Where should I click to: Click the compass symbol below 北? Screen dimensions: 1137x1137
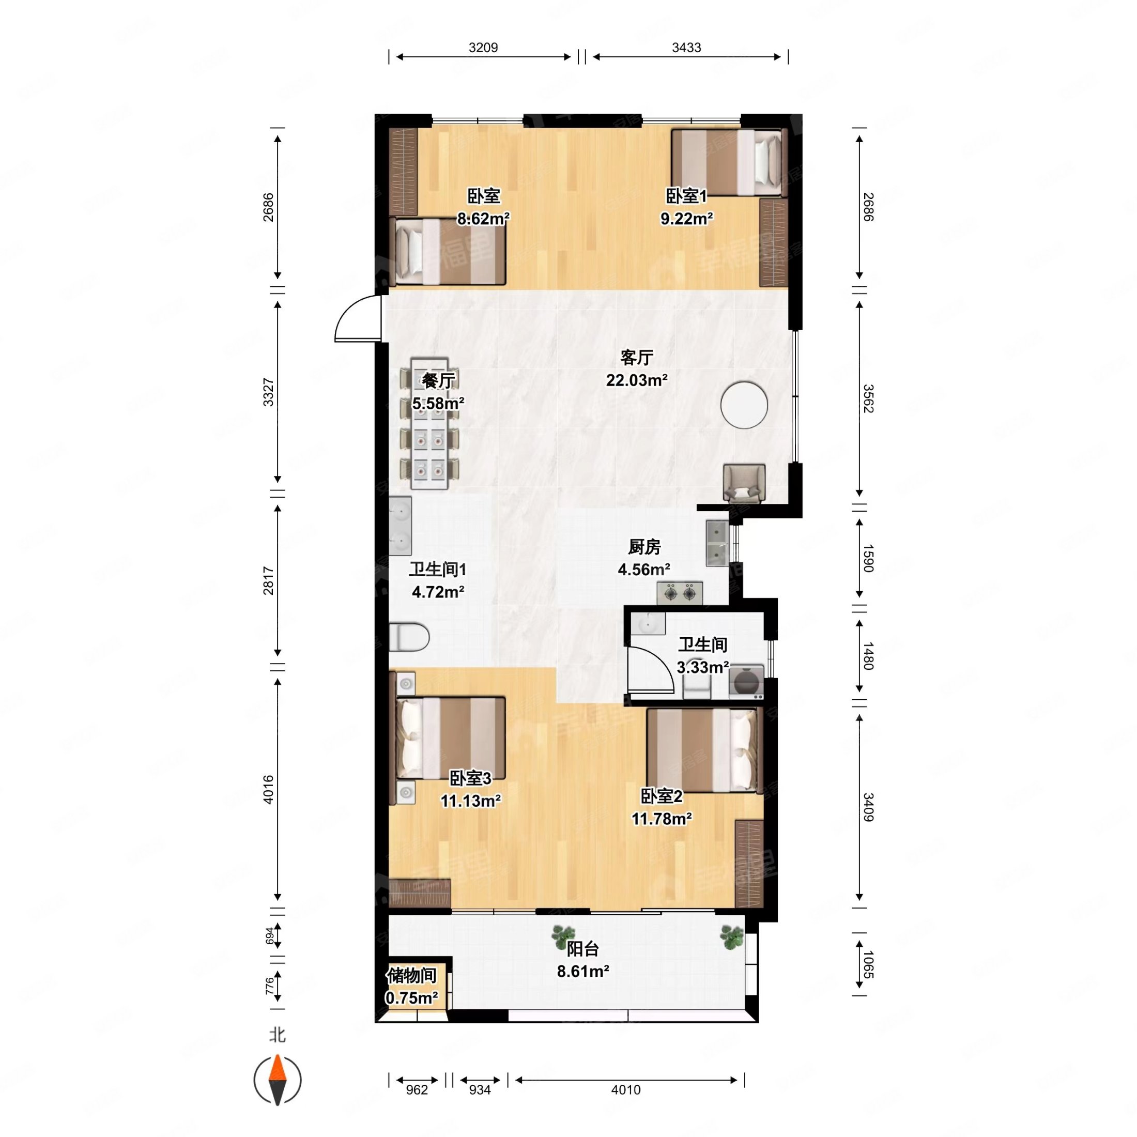point(277,1080)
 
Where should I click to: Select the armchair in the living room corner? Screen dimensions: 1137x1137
point(744,483)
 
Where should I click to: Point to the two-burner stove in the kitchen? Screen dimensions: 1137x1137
point(680,593)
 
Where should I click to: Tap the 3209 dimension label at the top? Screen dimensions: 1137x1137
point(483,47)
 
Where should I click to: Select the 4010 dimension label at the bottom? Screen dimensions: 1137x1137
point(625,1090)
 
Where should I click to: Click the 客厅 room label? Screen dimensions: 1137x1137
point(637,357)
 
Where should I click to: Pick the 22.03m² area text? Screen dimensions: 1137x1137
point(637,380)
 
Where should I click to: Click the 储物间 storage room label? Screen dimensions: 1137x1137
point(411,975)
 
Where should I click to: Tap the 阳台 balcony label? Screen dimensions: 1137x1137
point(582,949)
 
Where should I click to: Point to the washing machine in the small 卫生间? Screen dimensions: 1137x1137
point(746,682)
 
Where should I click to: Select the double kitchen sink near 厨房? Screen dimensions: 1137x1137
point(717,543)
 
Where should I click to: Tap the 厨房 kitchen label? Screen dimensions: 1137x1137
point(644,547)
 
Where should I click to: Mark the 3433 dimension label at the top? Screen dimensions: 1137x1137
point(686,47)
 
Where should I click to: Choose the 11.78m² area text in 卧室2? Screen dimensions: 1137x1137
point(662,819)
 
